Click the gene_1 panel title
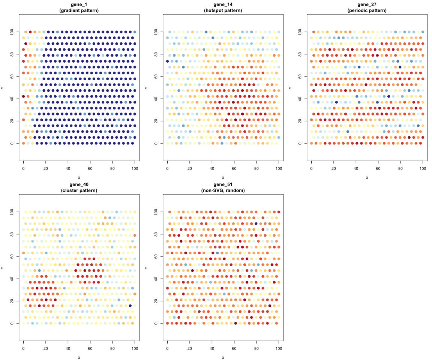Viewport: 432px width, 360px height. point(79,4)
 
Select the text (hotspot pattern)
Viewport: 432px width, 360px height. point(223,10)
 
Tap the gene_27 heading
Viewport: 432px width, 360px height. point(367,4)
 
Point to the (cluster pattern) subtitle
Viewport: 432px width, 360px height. point(79,190)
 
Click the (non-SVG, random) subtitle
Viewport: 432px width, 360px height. point(223,190)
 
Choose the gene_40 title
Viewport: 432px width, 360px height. point(79,184)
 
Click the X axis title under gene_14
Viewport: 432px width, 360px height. point(223,178)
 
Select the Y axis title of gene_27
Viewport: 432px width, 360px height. point(291,88)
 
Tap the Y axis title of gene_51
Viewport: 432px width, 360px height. point(147,268)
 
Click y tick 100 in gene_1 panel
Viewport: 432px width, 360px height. point(13,32)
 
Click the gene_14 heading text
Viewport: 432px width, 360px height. point(223,4)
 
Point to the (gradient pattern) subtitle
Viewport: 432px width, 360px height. point(79,10)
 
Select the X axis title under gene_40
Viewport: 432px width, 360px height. point(79,358)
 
